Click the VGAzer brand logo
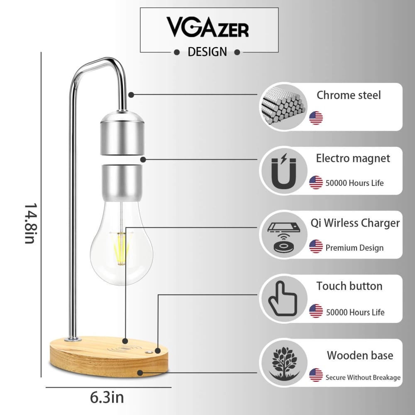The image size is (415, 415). coord(207,27)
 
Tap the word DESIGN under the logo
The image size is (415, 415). coord(207,52)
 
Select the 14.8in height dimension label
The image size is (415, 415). coord(31,224)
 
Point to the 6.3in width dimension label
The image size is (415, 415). coord(107,398)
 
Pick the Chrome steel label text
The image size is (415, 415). coord(349,95)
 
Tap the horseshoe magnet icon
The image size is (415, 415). coord(283,171)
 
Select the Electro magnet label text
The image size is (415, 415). coord(353,159)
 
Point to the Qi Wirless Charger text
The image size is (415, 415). coord(355,223)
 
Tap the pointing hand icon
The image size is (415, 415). coord(282,298)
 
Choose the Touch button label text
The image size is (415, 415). coord(349,286)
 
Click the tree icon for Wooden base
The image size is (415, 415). coord(284,363)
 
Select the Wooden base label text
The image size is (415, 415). coord(360,356)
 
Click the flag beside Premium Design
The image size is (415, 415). coord(316,247)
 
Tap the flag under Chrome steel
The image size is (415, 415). coord(316,118)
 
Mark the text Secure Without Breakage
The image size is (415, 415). coord(363,377)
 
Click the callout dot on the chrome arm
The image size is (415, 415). coord(131,95)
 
